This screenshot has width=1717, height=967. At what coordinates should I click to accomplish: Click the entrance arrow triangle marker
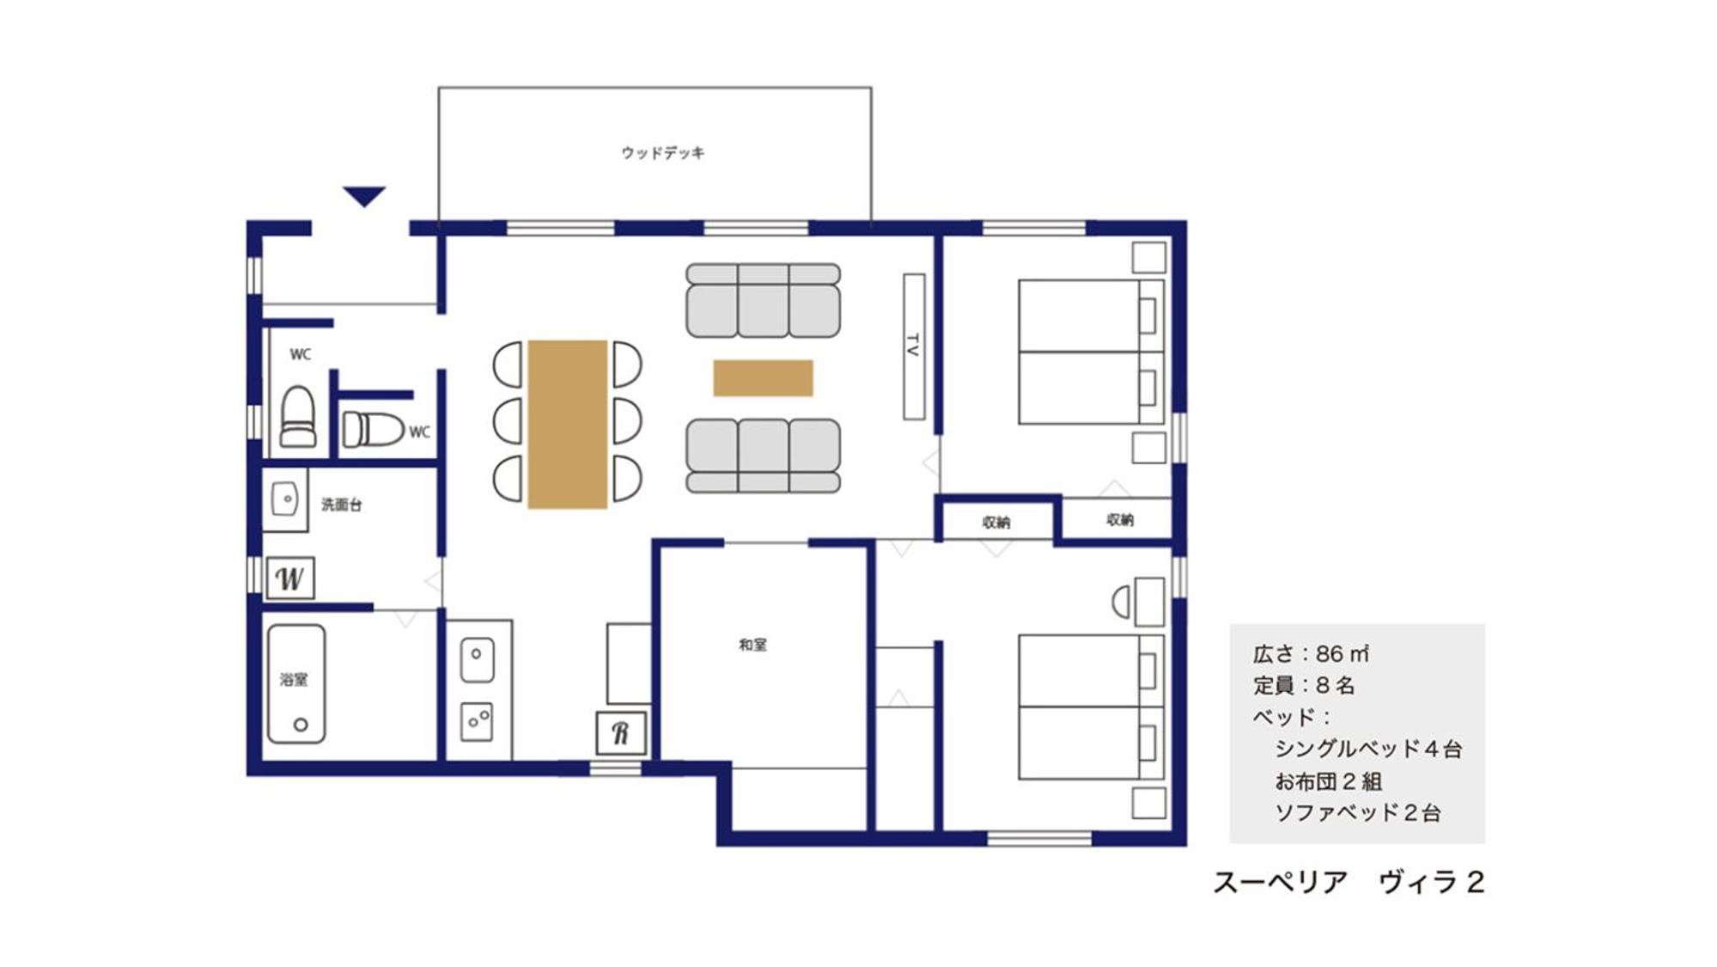pos(364,196)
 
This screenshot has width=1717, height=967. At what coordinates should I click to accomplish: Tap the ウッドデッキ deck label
pos(663,153)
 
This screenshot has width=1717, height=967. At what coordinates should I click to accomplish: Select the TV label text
pos(913,346)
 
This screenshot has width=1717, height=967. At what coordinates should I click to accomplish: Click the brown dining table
pos(568,425)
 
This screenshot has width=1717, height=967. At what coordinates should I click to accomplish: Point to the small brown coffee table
pos(763,378)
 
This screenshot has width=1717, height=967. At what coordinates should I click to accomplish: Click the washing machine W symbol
pos(289,578)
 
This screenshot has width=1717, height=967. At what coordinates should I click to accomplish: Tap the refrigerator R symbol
pos(621,733)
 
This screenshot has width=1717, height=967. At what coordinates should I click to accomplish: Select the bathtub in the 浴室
pos(296,683)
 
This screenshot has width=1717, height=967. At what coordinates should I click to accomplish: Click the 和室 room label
pos(753,645)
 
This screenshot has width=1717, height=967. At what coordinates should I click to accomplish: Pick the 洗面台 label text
pos(342,505)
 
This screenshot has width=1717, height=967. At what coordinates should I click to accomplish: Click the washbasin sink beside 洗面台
pos(285,499)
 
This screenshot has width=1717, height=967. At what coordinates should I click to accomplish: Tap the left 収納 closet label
pos(996,522)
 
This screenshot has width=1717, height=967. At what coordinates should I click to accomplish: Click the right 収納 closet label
pos(1120,519)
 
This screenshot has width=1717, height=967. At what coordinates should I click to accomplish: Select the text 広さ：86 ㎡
pos(1311,654)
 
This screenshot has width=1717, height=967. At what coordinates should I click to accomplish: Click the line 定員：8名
pos(1304,686)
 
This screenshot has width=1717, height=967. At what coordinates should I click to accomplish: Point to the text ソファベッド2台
pos(1358,813)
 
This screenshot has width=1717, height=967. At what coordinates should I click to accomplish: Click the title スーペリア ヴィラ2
pos(1349,883)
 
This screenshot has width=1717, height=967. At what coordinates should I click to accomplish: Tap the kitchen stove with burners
pos(477,722)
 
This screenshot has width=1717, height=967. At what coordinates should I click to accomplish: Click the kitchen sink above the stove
pos(478,660)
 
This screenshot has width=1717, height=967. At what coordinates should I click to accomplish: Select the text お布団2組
pos(1328,781)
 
